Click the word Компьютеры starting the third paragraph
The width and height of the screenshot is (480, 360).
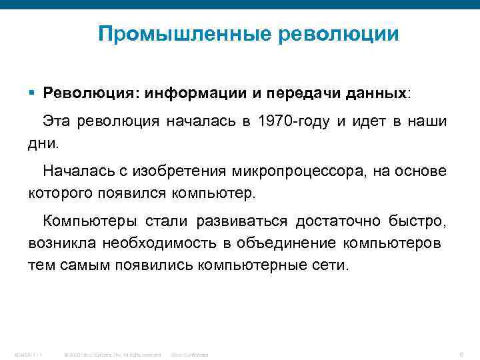(x=83, y=221)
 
